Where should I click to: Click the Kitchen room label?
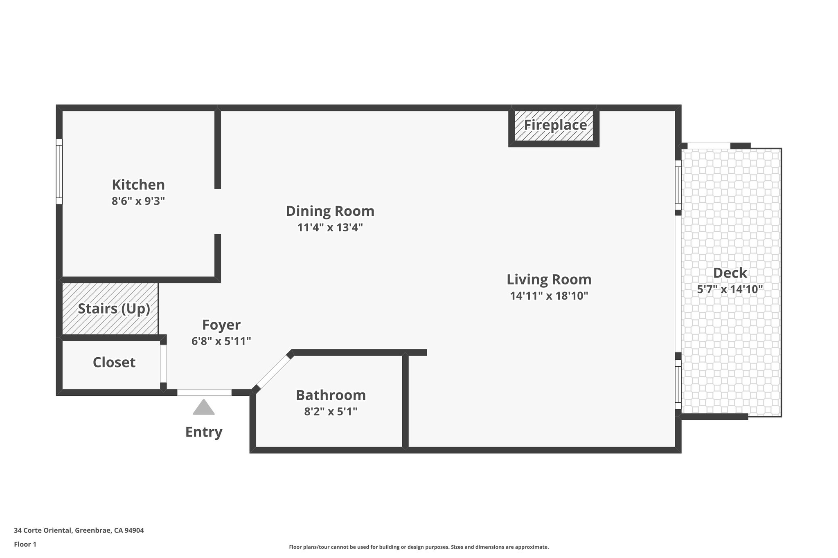(138, 185)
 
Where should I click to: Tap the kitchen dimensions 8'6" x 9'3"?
(138, 201)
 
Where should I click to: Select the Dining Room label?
(330, 211)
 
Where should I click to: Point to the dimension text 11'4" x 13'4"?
(330, 227)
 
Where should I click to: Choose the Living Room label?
(549, 280)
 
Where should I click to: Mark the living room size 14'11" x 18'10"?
(549, 296)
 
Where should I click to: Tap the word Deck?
(730, 273)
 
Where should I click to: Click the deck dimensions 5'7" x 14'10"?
(730, 289)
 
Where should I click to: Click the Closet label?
(114, 362)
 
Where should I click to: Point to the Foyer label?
(221, 325)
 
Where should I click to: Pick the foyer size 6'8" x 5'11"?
(221, 341)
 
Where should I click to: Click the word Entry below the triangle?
(204, 432)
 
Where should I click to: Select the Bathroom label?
(331, 395)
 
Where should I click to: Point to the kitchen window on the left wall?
(59, 171)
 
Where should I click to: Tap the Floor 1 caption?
(25, 544)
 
